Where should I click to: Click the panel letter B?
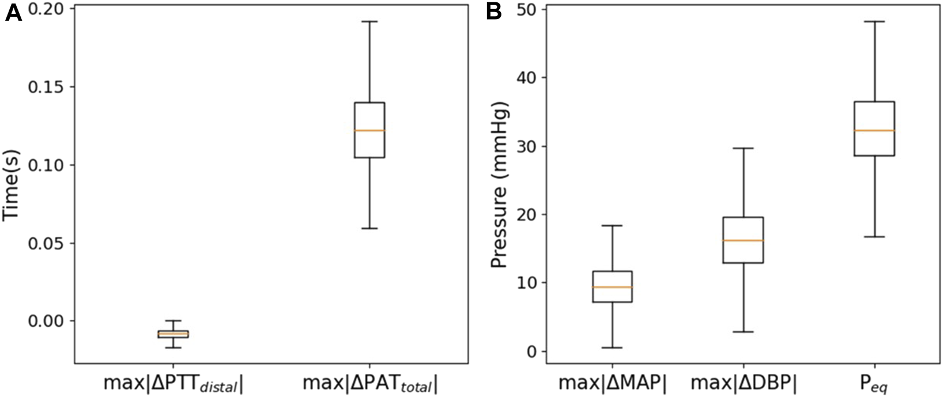[x=494, y=13]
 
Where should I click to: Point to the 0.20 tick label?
[x=50, y=10]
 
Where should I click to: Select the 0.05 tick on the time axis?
[x=50, y=243]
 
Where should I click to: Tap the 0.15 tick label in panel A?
[x=50, y=88]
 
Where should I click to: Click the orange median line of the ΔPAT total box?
[x=369, y=131]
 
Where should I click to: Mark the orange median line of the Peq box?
[x=874, y=131]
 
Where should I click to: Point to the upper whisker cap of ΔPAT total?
[x=369, y=21]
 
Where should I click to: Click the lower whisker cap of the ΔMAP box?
[x=612, y=347]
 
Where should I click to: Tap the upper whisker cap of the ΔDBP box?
[x=744, y=148]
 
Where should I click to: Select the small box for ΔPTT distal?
[x=173, y=334]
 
